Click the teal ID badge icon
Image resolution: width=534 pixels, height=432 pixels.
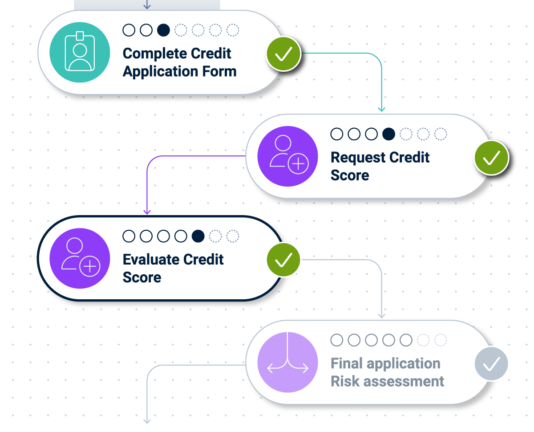(79, 53)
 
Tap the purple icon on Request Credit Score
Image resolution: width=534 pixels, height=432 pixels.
(287, 156)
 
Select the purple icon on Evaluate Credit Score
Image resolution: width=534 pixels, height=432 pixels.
(79, 259)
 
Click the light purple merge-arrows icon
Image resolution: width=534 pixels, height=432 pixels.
(287, 362)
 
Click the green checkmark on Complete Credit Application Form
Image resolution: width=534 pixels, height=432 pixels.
(283, 54)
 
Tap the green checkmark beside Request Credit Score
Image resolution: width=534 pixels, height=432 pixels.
(491, 157)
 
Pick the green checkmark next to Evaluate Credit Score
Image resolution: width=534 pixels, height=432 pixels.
(283, 260)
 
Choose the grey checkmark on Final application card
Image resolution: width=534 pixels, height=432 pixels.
(491, 364)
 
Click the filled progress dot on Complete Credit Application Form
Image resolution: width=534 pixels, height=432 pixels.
(163, 30)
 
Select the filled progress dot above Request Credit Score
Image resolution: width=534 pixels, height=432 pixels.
(388, 134)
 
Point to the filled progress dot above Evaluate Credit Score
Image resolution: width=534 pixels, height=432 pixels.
(198, 236)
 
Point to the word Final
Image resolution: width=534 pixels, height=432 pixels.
(347, 363)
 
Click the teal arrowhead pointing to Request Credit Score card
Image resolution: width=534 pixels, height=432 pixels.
(381, 109)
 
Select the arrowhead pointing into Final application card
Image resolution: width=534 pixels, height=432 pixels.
(381, 315)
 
